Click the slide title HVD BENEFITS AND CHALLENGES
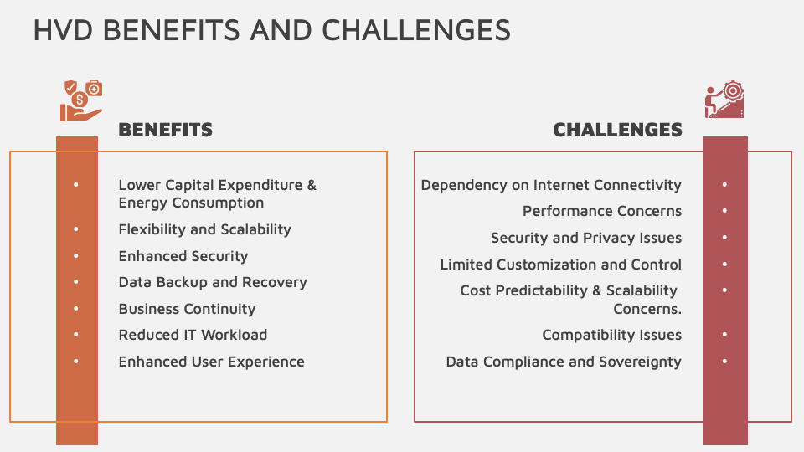(271, 30)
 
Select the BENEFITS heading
(166, 131)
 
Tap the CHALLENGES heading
(617, 131)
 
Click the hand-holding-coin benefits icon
(81, 100)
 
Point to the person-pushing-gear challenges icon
(724, 100)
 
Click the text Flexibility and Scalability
(204, 229)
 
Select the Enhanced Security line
(183, 256)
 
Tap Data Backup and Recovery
(213, 282)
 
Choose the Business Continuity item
(187, 309)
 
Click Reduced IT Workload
(193, 335)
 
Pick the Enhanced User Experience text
(211, 362)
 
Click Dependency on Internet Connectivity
(551, 185)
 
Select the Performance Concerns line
(602, 211)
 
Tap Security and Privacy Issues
(586, 238)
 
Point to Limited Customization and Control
(561, 265)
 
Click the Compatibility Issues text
(611, 335)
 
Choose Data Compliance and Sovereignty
(564, 362)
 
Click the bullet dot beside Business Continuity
(76, 309)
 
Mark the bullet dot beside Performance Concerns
(724, 211)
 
